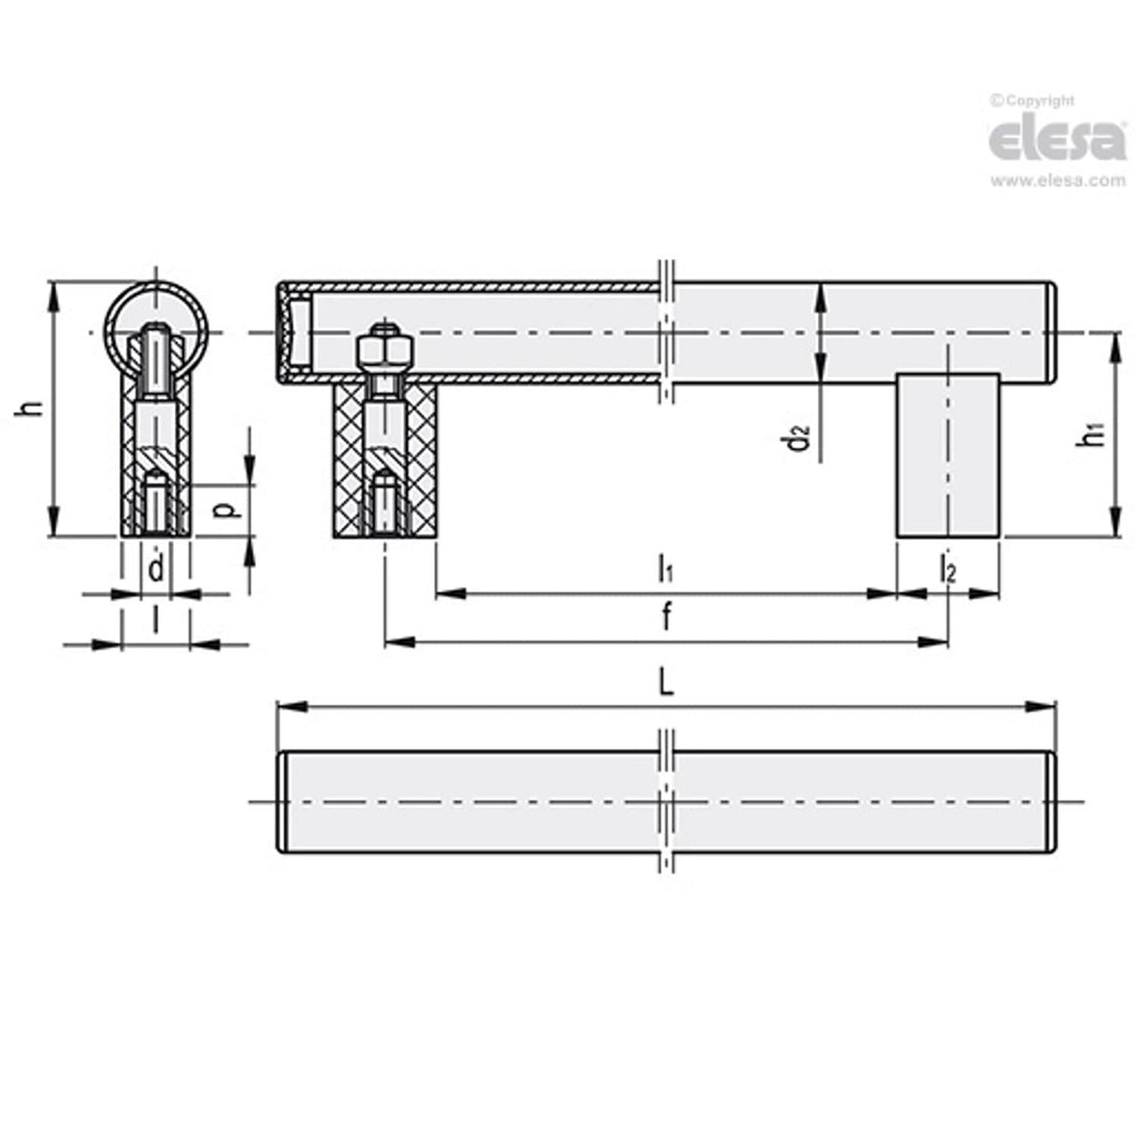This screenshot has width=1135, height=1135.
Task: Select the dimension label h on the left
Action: tap(34, 409)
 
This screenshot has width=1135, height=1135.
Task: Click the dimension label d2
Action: tap(797, 437)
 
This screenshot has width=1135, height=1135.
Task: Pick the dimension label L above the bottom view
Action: tap(665, 684)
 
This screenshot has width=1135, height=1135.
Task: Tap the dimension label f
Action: tap(666, 618)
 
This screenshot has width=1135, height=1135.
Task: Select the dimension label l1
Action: tap(666, 567)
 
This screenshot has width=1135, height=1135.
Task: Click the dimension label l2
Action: tap(947, 568)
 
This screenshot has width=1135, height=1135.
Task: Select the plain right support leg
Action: tap(948, 455)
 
